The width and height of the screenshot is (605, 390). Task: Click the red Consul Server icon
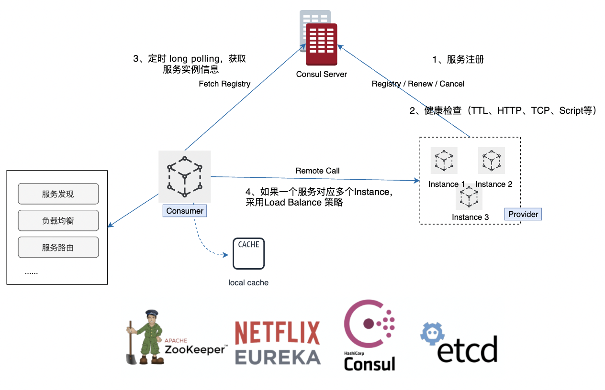322,44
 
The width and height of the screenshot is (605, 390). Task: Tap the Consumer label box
185,211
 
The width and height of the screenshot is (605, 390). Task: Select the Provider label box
523,214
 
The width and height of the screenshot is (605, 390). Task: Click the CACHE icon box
248,253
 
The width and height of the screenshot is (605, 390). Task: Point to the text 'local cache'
248,282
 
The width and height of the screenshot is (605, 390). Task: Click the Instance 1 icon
444,161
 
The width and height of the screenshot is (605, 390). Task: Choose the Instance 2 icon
492,161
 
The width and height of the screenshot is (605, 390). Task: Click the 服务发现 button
58,194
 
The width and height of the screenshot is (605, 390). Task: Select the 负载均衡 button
58,221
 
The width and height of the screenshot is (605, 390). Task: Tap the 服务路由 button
58,248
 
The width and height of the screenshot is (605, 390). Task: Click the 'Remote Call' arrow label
317,171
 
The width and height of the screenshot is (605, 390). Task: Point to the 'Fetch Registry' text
224,84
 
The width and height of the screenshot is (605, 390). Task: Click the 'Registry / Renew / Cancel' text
418,84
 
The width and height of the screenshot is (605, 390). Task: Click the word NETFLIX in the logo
277,333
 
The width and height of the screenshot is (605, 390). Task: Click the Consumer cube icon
185,176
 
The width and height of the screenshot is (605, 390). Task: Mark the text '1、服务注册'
458,59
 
